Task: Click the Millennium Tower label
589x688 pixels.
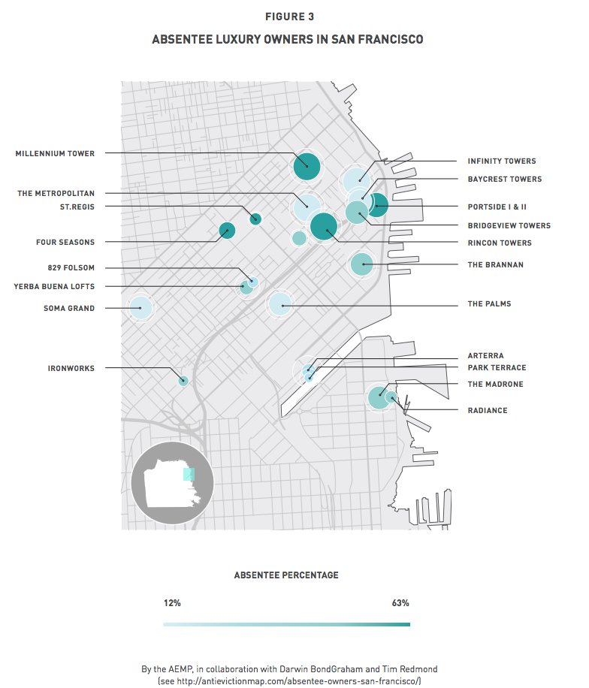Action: (x=55, y=154)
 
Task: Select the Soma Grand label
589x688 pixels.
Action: (x=69, y=309)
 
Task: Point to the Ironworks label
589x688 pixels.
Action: (x=71, y=368)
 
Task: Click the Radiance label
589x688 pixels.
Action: (x=487, y=411)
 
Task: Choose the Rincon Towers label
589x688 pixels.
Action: (x=499, y=243)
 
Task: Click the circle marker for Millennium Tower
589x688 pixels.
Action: (x=307, y=166)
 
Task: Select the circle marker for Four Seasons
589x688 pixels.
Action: (x=226, y=230)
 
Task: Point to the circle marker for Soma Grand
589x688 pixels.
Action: (x=140, y=308)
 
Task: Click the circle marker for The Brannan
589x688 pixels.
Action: (x=361, y=264)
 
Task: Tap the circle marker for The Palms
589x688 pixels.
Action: (x=279, y=304)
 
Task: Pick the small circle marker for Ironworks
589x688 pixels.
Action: (x=183, y=380)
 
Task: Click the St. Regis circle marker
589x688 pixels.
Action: (x=255, y=219)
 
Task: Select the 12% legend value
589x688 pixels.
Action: (x=172, y=603)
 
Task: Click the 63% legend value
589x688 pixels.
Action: (x=400, y=603)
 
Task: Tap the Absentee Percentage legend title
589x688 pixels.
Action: (x=286, y=575)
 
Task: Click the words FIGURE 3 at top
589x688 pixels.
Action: (x=287, y=17)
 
